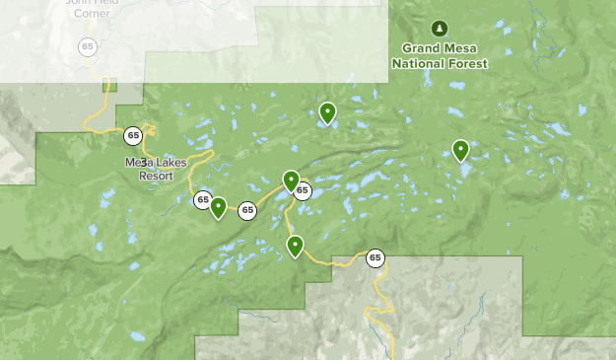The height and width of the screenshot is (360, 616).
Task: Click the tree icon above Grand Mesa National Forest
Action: click(x=440, y=28)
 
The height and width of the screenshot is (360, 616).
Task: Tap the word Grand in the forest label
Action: click(x=421, y=48)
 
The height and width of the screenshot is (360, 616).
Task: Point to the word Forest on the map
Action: click(x=465, y=63)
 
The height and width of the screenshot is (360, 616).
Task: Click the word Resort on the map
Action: click(x=156, y=176)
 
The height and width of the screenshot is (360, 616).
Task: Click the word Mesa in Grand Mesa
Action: click(x=461, y=48)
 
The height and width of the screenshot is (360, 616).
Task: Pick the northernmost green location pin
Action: click(x=327, y=113)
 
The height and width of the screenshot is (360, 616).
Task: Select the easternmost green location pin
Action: click(x=460, y=150)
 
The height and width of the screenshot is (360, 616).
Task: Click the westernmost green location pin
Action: click(x=219, y=207)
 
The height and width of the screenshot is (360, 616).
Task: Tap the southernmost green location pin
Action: click(x=295, y=246)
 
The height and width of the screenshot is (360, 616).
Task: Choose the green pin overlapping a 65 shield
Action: click(x=291, y=180)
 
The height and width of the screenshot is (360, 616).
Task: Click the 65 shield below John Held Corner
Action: click(x=88, y=46)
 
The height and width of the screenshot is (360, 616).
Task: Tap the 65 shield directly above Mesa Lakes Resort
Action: click(x=133, y=135)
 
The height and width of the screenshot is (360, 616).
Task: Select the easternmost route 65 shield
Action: click(x=375, y=258)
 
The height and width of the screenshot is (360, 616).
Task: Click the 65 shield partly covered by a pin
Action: click(x=304, y=191)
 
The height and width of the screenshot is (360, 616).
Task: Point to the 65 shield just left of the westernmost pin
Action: click(x=202, y=200)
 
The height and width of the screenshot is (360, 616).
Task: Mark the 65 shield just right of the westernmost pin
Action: click(x=247, y=210)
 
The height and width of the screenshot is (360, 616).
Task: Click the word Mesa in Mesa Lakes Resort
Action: click(x=136, y=163)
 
